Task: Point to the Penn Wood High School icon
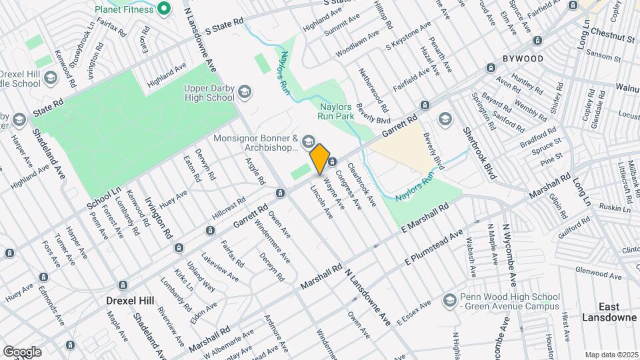tap(449, 298)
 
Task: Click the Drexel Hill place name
tap(130, 301)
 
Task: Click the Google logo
tap(22, 351)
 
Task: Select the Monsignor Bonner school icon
tap(308, 141)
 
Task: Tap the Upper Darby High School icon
tap(245, 91)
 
